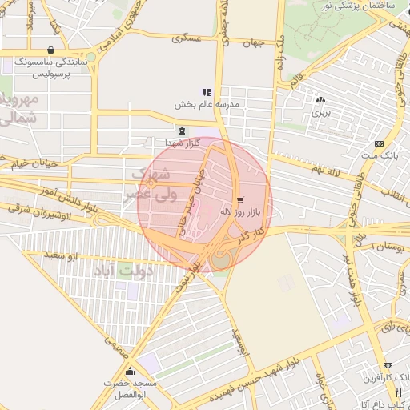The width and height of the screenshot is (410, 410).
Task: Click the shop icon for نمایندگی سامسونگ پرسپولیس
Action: [x=51, y=50]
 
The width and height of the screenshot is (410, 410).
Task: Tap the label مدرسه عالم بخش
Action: [x=207, y=105]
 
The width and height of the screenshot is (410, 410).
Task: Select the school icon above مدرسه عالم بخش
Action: [x=207, y=92]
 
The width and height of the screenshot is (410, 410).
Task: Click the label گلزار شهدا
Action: [x=182, y=143]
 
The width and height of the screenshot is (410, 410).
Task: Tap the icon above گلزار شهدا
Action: [x=182, y=130]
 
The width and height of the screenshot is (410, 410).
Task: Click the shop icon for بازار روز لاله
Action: [x=240, y=199]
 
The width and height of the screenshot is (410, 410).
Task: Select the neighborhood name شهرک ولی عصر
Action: [x=150, y=185]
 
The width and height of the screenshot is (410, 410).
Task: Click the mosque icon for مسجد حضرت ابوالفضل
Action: [x=130, y=371]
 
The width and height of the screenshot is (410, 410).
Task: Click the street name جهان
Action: [x=254, y=43]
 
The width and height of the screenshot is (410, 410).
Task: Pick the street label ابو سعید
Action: [x=60, y=255]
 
